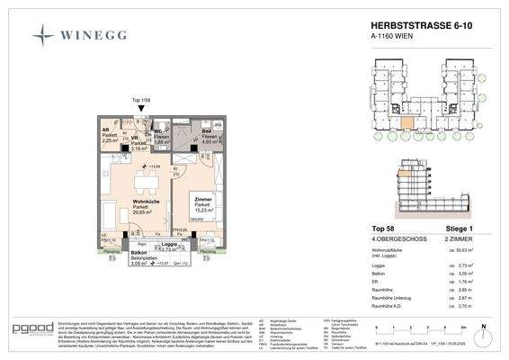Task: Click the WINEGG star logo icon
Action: pyautogui.click(x=44, y=35)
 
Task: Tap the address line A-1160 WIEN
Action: pyautogui.click(x=392, y=40)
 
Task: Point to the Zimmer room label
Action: pyautogui.click(x=203, y=202)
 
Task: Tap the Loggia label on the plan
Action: pyautogui.click(x=167, y=243)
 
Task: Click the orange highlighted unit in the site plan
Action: pyautogui.click(x=407, y=124)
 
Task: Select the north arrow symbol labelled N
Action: pyautogui.click(x=483, y=329)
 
